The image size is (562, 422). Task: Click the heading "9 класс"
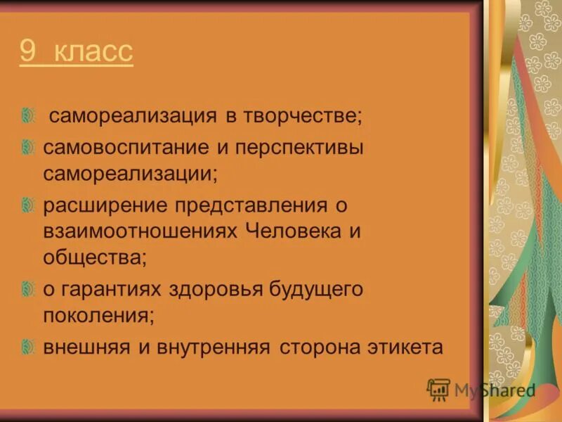point(76,53)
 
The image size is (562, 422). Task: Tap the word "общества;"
point(95,257)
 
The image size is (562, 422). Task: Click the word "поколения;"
point(98,314)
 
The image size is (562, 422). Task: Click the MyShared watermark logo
point(481,390)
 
